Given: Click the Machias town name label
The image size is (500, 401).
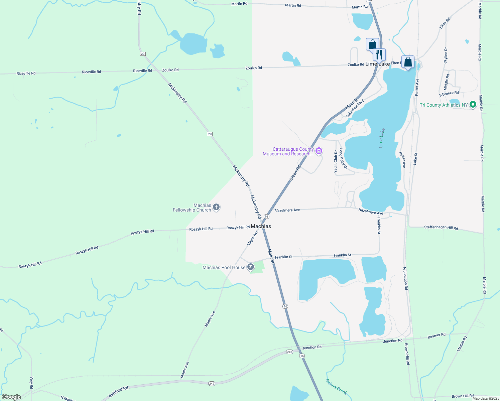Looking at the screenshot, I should point(261,226).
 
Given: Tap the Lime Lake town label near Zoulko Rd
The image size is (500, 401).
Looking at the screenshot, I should point(377,64).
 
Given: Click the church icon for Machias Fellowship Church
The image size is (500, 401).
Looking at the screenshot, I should point(216,208).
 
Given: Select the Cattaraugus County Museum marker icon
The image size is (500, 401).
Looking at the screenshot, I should point(319,151).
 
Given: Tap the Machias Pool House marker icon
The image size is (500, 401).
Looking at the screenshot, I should point(251,267).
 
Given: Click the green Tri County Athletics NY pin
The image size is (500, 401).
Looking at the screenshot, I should point(473,105).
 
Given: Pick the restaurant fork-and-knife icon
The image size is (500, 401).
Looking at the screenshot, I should point(379,54).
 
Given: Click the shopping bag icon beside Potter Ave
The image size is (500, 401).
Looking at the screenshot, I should point(408,62).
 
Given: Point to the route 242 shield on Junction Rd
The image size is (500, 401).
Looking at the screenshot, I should point(289,352).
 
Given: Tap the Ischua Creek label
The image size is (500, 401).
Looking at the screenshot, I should point(336,387).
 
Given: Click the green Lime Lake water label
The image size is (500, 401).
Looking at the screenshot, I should point(381,138).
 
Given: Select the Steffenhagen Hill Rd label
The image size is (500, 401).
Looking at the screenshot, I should point(441,228).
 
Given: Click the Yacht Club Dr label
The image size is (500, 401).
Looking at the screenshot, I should point(336,161).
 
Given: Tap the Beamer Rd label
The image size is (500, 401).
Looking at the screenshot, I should point(436,336).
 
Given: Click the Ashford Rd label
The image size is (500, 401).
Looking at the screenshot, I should point(118,392).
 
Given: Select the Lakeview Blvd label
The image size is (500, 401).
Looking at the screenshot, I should point(355,109).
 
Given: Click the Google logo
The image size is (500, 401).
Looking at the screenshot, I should point(11,397).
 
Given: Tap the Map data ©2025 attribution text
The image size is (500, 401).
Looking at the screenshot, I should point(486,398).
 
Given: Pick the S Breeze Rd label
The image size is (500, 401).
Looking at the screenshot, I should point(449,93).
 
